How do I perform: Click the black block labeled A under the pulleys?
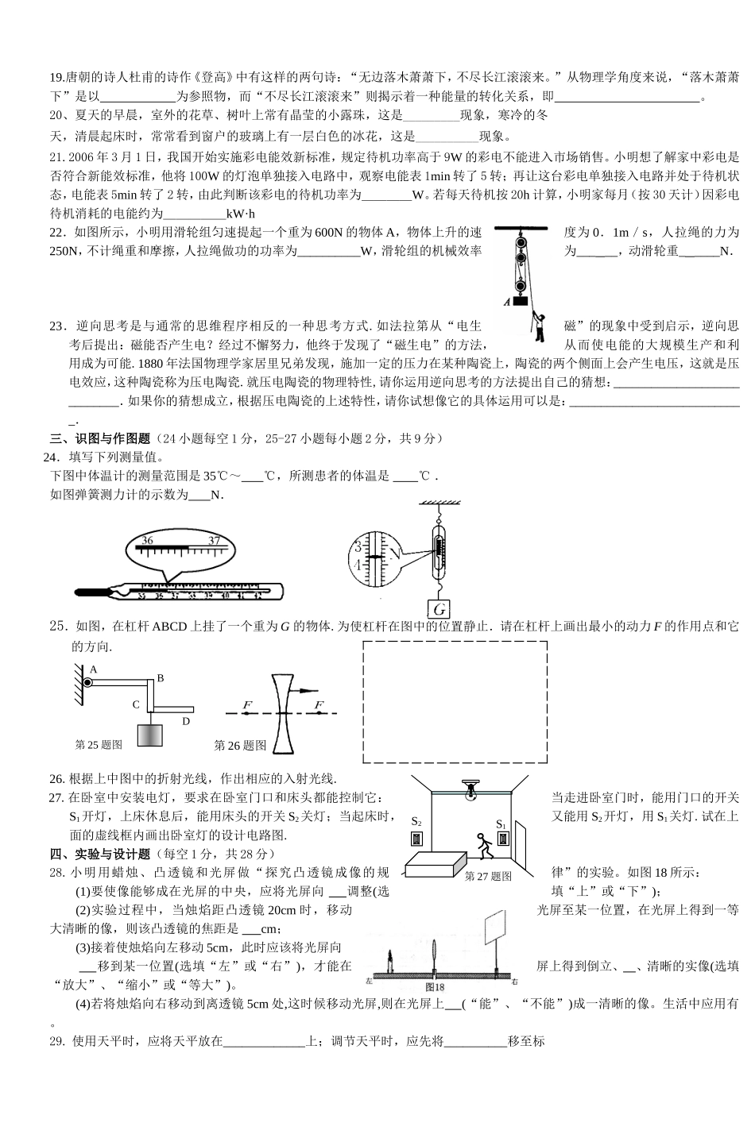(x=521, y=300)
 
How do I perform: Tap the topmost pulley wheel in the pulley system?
(x=521, y=239)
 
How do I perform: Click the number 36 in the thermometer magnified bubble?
(x=146, y=540)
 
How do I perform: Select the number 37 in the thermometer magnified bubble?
(x=214, y=541)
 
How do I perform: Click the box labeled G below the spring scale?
(x=438, y=610)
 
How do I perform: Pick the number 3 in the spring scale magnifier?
(x=358, y=547)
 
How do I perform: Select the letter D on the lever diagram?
(x=186, y=721)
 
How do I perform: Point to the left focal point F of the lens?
(x=247, y=705)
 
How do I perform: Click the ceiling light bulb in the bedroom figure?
(x=470, y=792)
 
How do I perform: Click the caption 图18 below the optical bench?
(x=436, y=986)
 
